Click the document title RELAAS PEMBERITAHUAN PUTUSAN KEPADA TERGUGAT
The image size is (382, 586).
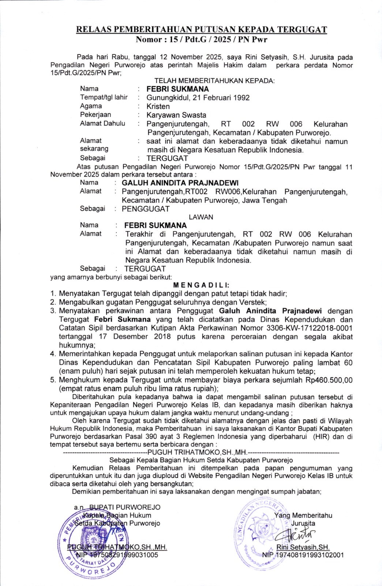pyautogui.click(x=201, y=30)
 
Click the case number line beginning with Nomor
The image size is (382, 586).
pyautogui.click(x=201, y=39)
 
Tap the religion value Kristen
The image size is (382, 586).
pyautogui.click(x=158, y=107)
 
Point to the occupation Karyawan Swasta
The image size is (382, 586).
pyautogui.click(x=176, y=115)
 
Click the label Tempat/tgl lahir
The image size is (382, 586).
pyautogui.click(x=104, y=97)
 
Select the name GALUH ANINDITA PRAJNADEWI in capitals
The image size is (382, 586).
pyautogui.click(x=180, y=183)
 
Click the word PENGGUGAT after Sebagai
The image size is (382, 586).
pyautogui.click(x=146, y=209)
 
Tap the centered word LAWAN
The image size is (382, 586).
pyautogui.click(x=201, y=217)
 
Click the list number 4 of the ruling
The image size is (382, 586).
pyautogui.click(x=53, y=354)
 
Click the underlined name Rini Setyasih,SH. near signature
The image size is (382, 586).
pyautogui.click(x=303, y=547)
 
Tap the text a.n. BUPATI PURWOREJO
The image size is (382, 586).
pyautogui.click(x=117, y=507)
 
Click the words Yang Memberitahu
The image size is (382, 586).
pyautogui.click(x=303, y=516)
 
